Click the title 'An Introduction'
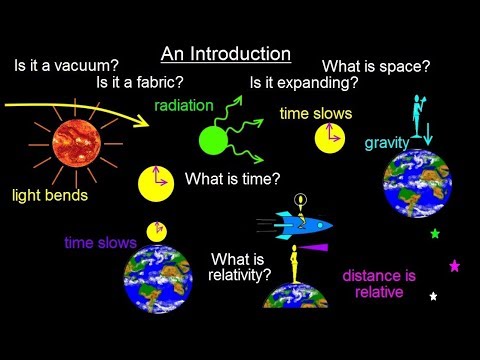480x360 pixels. click(x=226, y=53)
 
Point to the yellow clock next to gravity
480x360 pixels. click(x=330, y=138)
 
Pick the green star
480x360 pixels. click(x=435, y=234)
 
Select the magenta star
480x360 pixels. click(x=455, y=266)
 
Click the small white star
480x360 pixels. click(x=433, y=296)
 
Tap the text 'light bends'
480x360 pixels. click(x=50, y=194)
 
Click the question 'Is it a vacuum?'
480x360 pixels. click(x=67, y=67)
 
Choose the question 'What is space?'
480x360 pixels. click(x=376, y=66)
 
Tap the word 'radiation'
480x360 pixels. click(x=183, y=104)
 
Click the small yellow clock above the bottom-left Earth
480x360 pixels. click(x=156, y=231)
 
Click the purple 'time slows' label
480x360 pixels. click(x=99, y=242)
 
